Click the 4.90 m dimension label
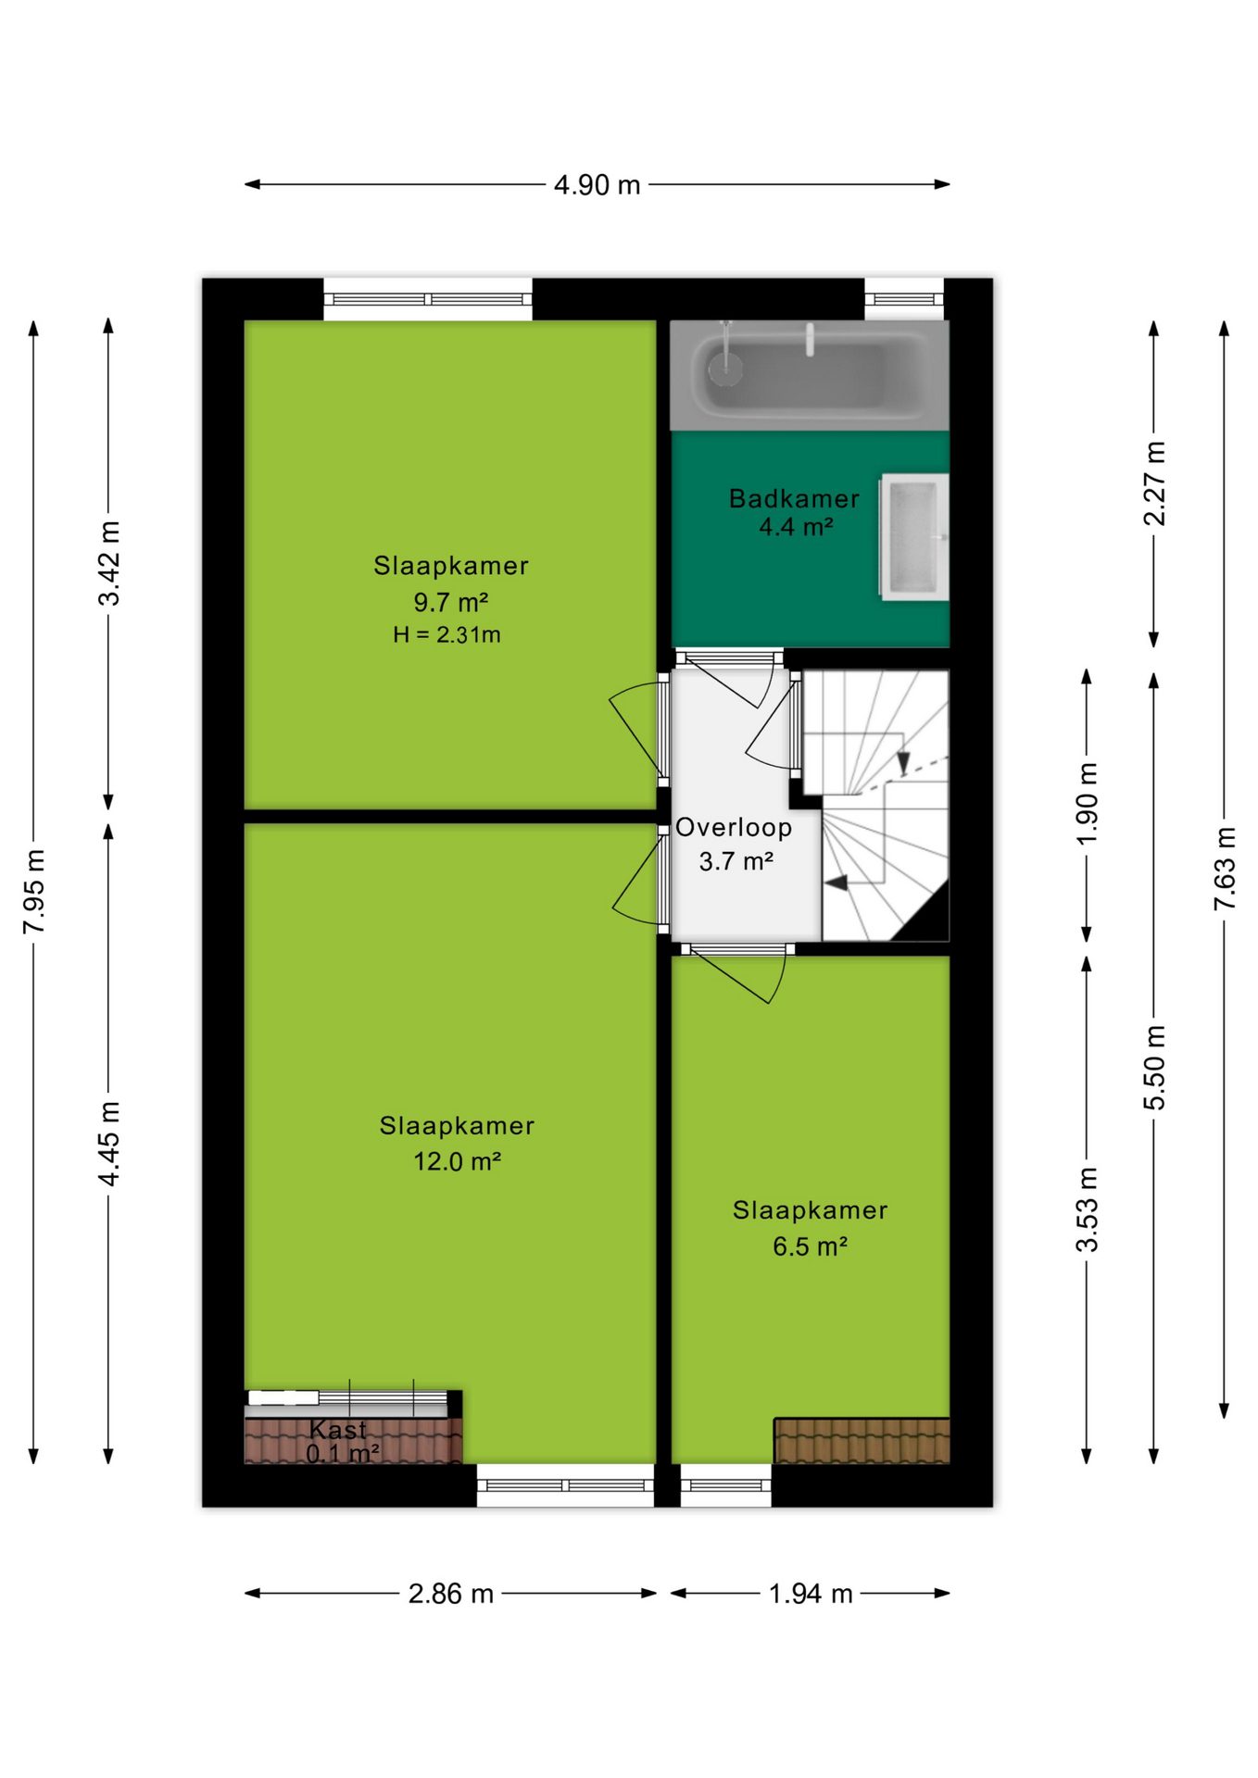597,185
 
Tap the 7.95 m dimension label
34,891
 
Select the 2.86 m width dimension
450,1594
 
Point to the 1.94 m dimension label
811,1594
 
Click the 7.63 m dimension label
1225,869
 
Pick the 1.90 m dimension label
1088,803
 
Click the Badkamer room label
794,499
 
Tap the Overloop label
734,828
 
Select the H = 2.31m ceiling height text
447,635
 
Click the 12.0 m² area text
457,1161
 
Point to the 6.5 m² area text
810,1246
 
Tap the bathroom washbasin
914,537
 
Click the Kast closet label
338,1430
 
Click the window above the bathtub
904,299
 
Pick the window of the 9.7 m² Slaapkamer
428,299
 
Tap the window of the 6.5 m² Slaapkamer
726,1485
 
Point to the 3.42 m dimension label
109,564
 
